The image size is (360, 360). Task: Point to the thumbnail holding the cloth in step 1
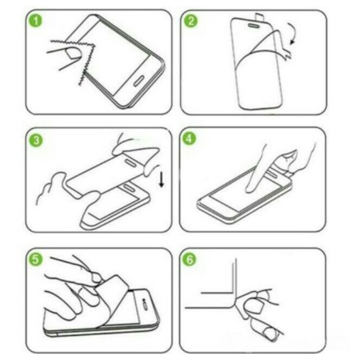[70, 53]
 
